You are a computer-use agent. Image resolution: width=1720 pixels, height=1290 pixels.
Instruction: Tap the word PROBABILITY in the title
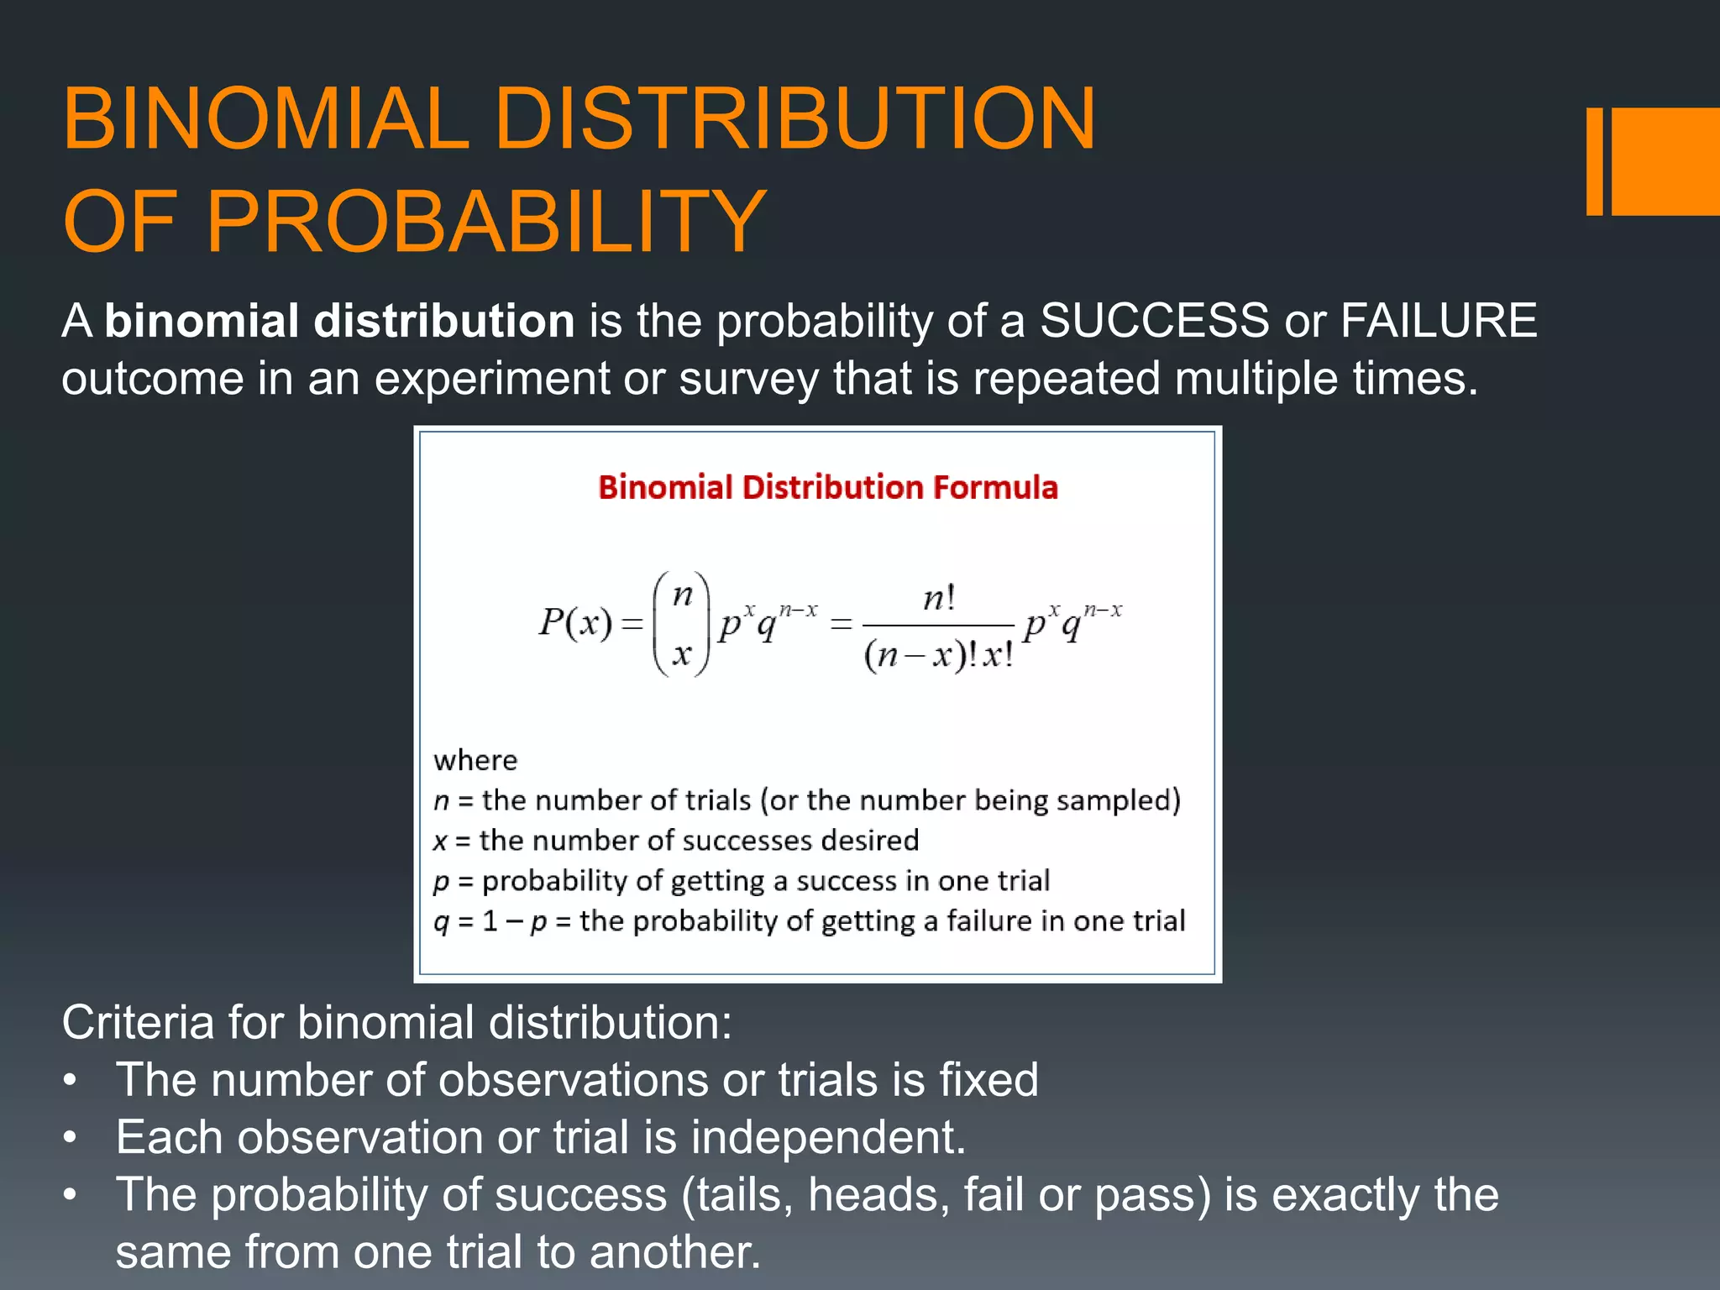pyautogui.click(x=485, y=221)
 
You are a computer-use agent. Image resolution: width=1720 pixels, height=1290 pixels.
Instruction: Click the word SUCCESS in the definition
pyautogui.click(x=1154, y=321)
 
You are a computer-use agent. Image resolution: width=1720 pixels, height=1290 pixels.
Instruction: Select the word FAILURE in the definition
pyautogui.click(x=1439, y=321)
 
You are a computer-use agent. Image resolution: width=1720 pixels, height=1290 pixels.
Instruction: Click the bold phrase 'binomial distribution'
pyautogui.click(x=339, y=321)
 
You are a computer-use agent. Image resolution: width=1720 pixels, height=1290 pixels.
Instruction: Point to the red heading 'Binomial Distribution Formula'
pyautogui.click(x=827, y=487)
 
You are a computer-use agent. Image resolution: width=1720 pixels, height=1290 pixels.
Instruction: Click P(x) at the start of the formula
pyautogui.click(x=576, y=622)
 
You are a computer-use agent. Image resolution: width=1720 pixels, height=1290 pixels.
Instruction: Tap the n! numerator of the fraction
pyautogui.click(x=938, y=598)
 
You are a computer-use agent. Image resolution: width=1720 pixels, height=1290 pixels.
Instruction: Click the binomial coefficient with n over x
pyautogui.click(x=682, y=622)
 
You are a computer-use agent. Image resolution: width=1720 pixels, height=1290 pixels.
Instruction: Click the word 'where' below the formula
pyautogui.click(x=475, y=760)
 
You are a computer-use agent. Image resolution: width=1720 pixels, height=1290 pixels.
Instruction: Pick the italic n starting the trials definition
pyautogui.click(x=442, y=801)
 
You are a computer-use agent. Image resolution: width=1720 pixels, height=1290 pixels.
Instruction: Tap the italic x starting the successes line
pyautogui.click(x=440, y=842)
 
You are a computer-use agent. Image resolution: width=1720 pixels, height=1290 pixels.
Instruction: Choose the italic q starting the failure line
pyautogui.click(x=441, y=922)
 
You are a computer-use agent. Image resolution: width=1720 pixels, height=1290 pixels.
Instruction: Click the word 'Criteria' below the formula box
pyautogui.click(x=137, y=1022)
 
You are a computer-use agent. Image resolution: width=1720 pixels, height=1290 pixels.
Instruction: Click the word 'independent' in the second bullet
pyautogui.click(x=827, y=1137)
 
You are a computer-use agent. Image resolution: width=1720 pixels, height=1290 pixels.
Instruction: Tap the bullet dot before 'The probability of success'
pyautogui.click(x=71, y=1193)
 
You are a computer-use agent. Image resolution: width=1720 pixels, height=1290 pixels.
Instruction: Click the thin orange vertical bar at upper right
pyautogui.click(x=1594, y=161)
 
